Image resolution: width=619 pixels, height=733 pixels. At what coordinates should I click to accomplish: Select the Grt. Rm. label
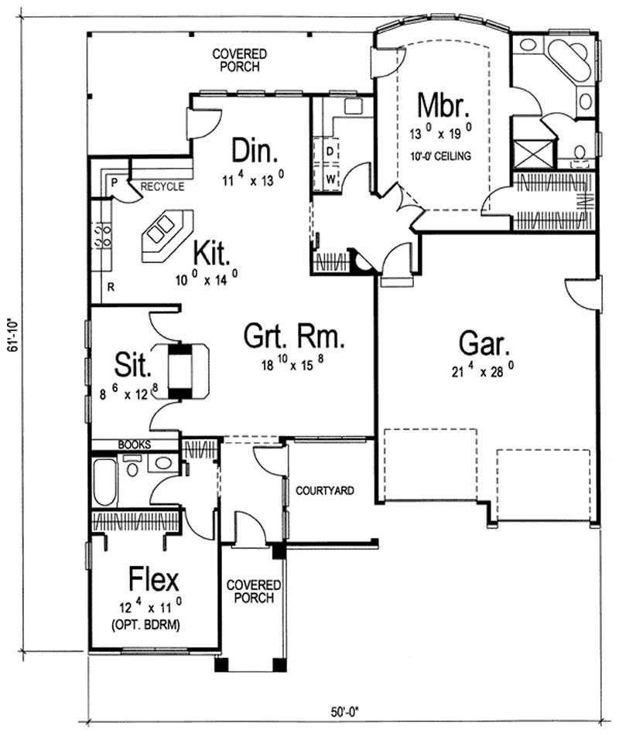[293, 338]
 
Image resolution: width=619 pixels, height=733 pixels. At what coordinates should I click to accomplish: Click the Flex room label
[153, 578]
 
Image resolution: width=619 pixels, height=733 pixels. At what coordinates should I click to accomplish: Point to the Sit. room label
[132, 363]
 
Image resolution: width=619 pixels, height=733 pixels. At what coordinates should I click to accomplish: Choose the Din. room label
[251, 148]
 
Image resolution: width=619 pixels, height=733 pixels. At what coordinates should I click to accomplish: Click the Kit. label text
[210, 252]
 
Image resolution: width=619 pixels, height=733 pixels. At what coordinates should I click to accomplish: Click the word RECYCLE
[162, 187]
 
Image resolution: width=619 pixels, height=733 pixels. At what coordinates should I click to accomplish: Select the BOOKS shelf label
[135, 445]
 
